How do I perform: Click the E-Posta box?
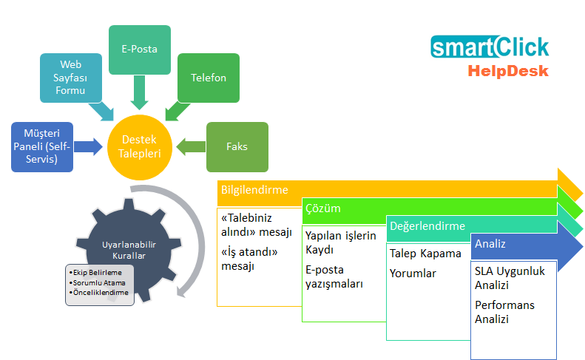coord(140,50)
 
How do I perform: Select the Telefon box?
coord(209,77)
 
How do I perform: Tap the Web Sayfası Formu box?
coord(70,77)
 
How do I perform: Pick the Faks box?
coord(237,146)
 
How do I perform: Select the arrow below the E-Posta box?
coord(139,92)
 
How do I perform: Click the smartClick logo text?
coord(490,48)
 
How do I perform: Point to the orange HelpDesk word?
coord(507,71)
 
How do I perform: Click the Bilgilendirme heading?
coord(254,190)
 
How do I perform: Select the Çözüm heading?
coord(323,208)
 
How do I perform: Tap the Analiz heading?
coord(491,243)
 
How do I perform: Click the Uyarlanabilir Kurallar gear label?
coord(123,249)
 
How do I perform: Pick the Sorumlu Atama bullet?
coord(99,282)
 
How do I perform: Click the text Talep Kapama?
coord(425,254)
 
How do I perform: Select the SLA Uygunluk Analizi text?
coord(510,278)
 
